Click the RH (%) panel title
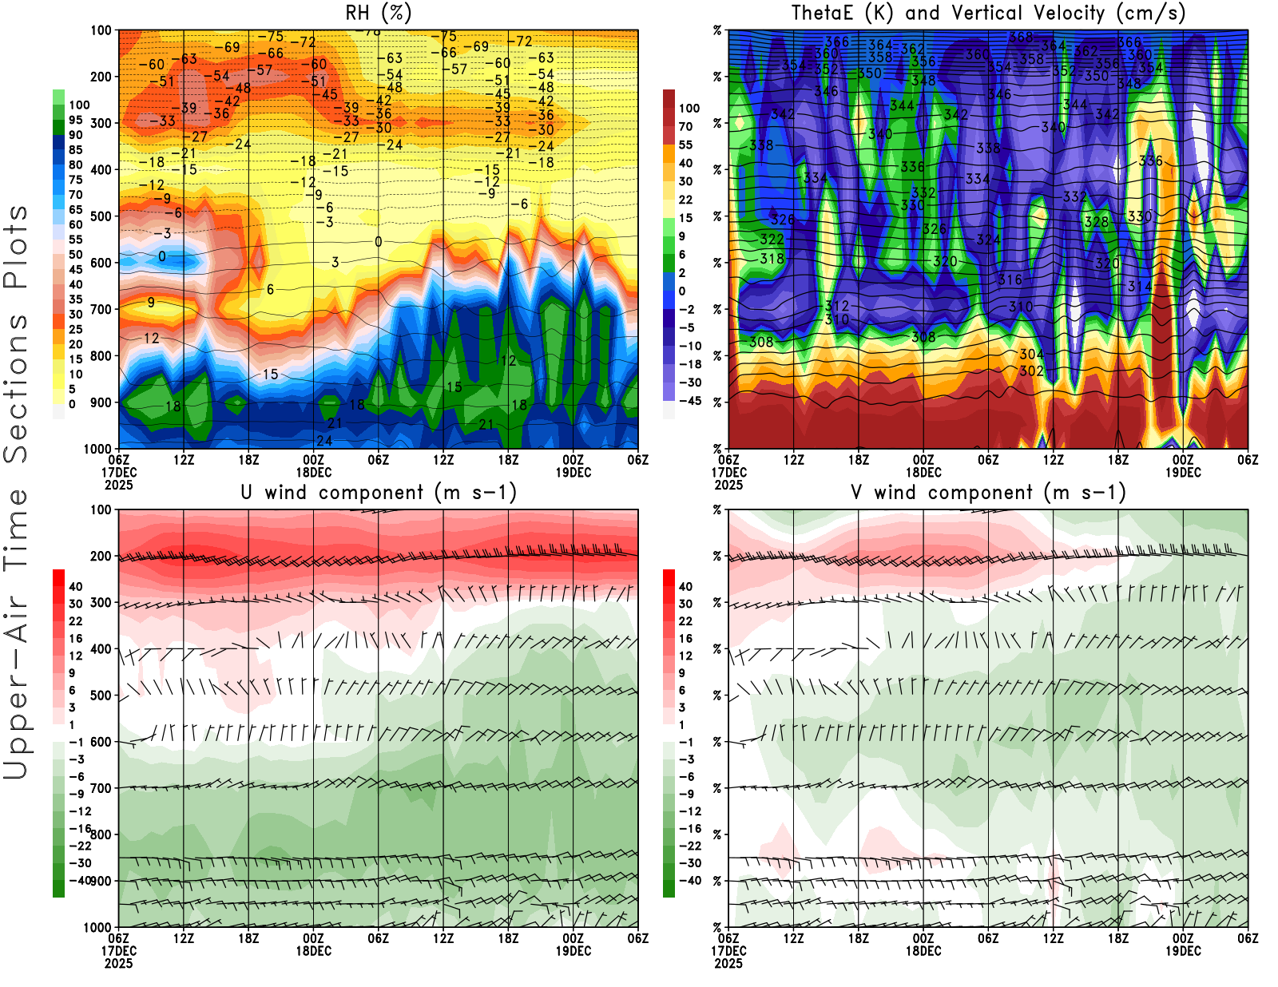point(378,13)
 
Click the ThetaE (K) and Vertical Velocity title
point(988,13)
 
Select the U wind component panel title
point(379,493)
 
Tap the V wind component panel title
point(988,493)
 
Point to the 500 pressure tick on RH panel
point(101,216)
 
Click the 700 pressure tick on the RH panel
point(101,309)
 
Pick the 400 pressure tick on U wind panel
point(101,649)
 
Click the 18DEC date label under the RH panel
point(314,473)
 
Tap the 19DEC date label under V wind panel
point(1183,951)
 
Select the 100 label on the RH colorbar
point(79,105)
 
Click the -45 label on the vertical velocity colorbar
point(689,401)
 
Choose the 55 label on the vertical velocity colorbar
point(685,145)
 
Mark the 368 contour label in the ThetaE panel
point(1021,37)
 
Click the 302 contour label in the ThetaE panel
point(1031,371)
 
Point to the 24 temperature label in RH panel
point(324,441)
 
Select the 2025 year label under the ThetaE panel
point(728,485)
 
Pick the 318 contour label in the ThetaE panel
point(772,259)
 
